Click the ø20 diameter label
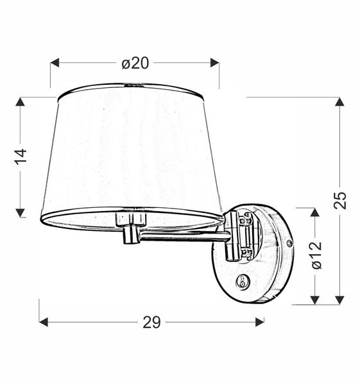click(135, 63)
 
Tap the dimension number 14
click(21, 156)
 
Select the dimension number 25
click(341, 200)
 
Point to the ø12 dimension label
click(315, 255)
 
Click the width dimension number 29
click(151, 322)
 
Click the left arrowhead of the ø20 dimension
click(55, 63)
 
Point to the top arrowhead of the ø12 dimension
click(315, 212)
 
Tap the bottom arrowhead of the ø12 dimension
click(315, 298)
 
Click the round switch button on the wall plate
click(243, 280)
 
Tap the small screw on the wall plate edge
click(290, 244)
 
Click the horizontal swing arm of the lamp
click(183, 237)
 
